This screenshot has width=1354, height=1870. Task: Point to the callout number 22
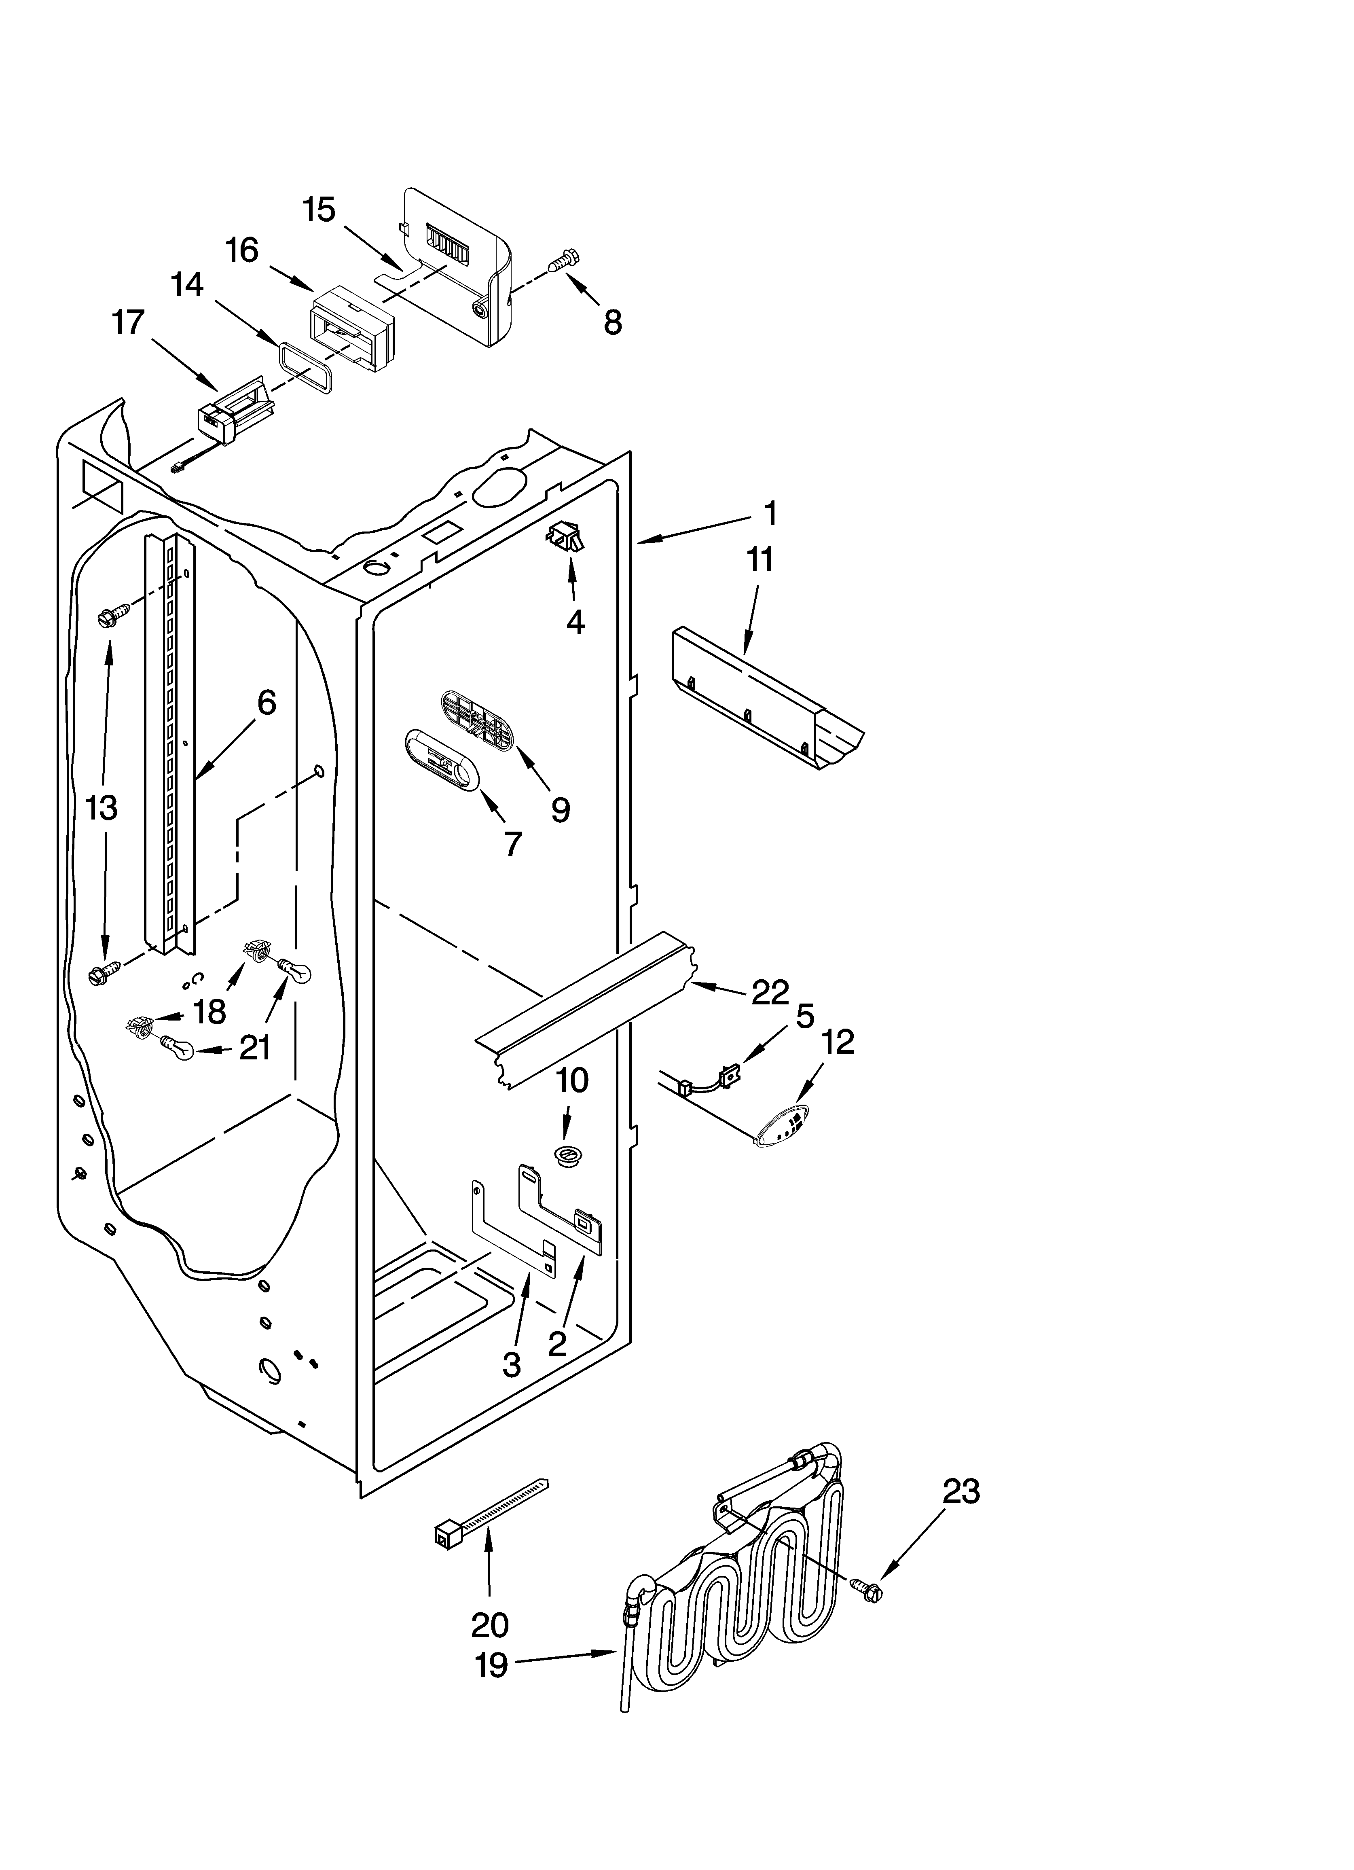pyautogui.click(x=770, y=992)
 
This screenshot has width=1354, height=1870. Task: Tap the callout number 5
pyautogui.click(x=805, y=1015)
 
